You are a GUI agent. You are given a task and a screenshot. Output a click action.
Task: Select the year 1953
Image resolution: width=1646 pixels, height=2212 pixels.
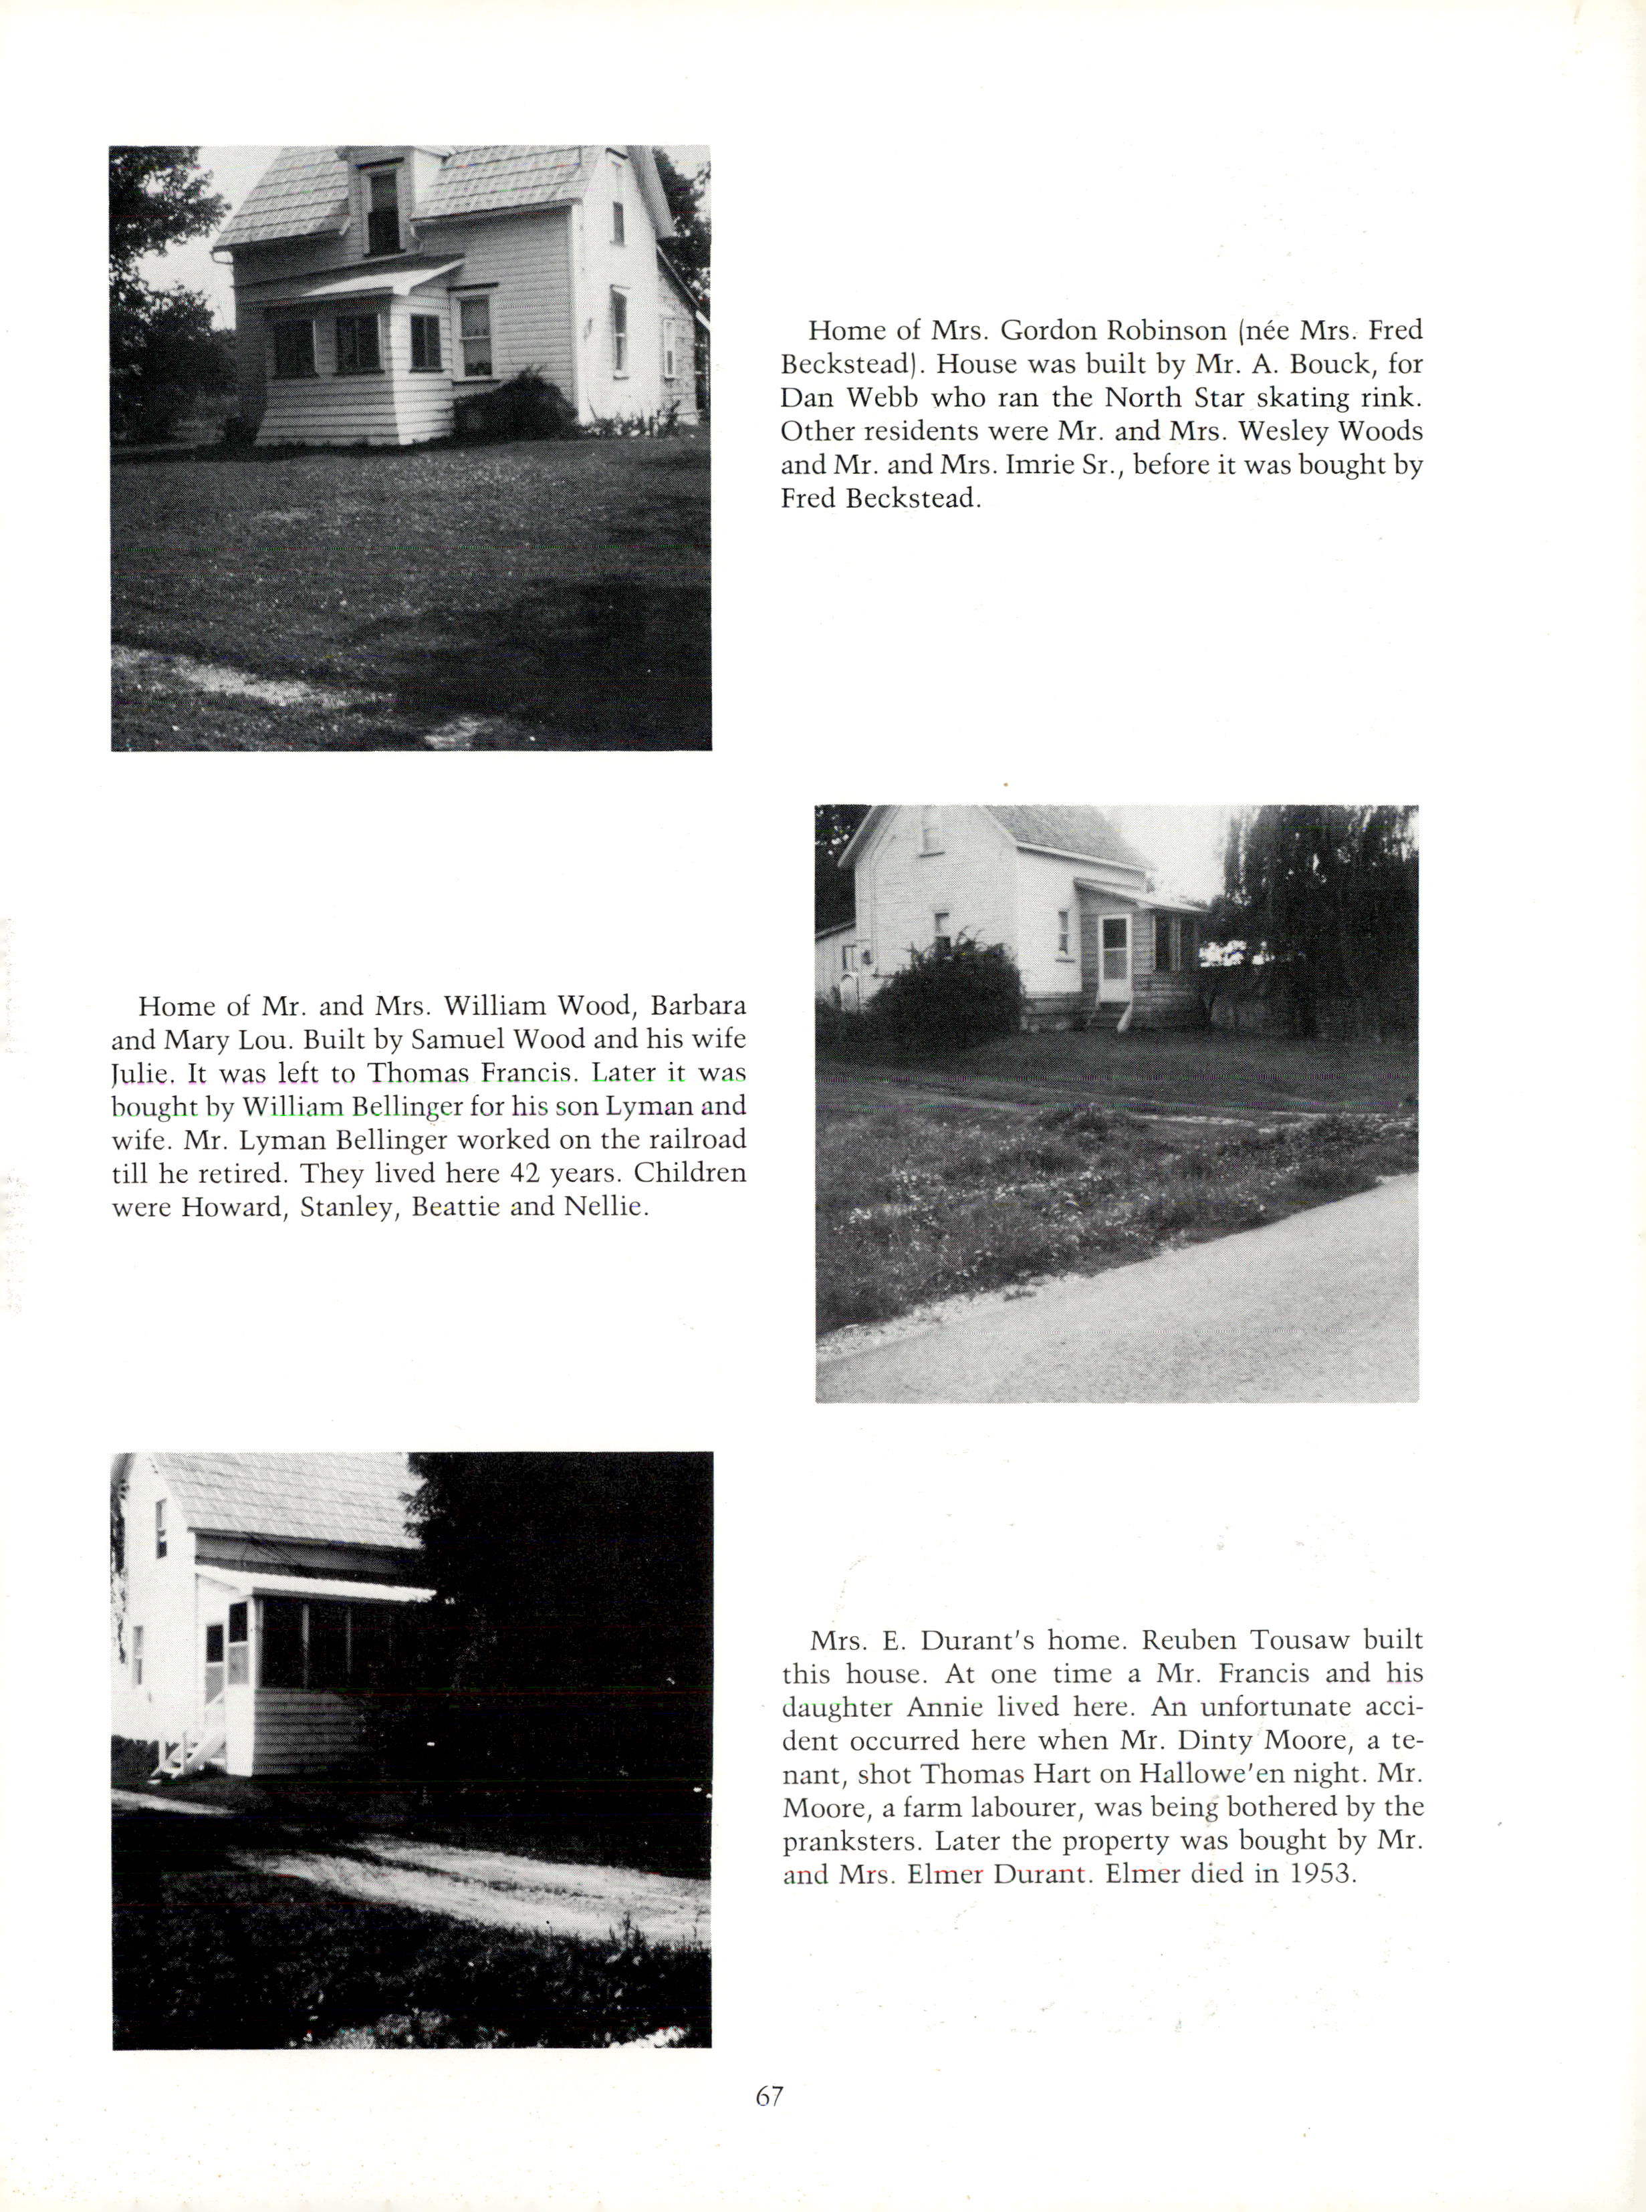coord(1322,1875)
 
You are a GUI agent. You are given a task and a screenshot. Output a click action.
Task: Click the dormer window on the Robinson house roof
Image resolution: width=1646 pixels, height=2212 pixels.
coord(382,209)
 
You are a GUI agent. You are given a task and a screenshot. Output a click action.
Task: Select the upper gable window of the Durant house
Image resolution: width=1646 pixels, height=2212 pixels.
coord(160,1529)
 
